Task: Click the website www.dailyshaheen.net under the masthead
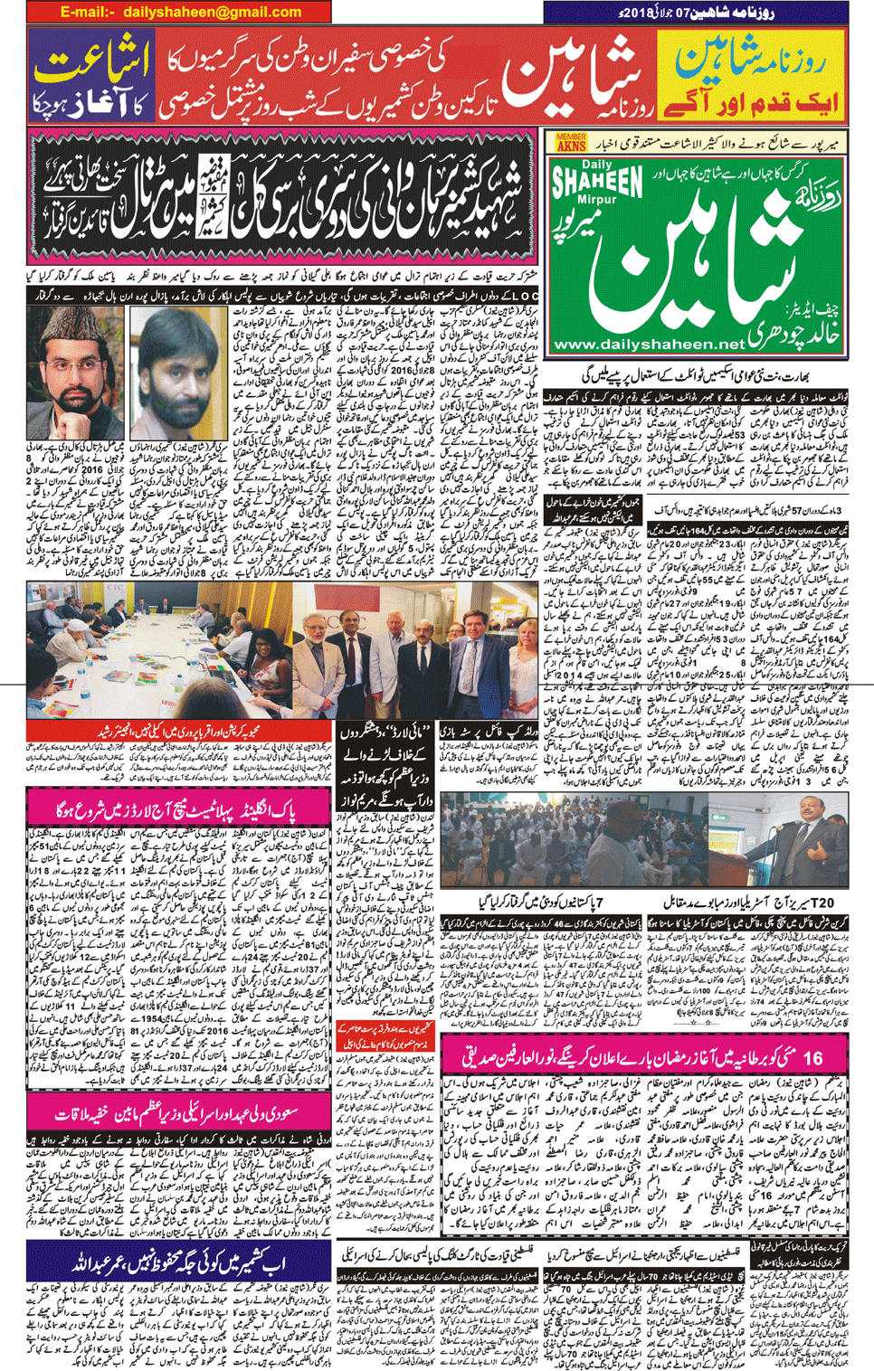(647, 345)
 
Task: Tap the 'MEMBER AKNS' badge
(571, 141)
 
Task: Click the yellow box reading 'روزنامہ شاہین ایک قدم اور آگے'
(751, 76)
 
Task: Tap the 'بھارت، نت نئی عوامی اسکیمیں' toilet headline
(708, 373)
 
